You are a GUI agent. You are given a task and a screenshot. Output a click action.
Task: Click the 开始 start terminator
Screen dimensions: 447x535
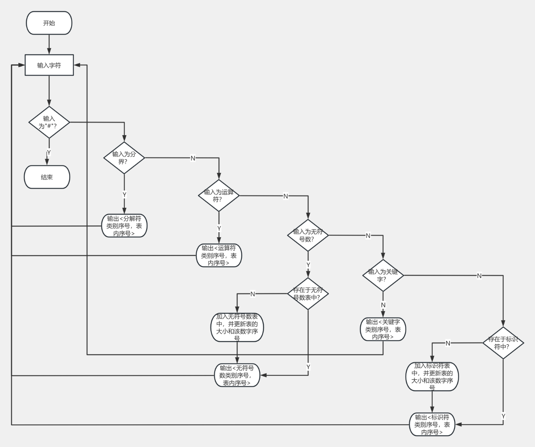point(49,23)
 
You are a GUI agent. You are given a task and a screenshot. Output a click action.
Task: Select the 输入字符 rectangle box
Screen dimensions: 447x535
point(49,65)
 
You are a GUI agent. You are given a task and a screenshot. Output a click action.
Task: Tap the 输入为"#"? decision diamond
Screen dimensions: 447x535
point(49,122)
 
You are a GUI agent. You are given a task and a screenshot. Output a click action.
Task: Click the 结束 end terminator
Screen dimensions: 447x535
point(47,177)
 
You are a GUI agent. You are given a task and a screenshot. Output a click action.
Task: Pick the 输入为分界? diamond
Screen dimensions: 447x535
point(124,158)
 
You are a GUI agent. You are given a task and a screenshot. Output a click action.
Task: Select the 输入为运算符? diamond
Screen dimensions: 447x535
point(219,196)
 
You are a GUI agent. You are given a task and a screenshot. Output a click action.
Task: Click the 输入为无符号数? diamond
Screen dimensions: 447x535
point(308,235)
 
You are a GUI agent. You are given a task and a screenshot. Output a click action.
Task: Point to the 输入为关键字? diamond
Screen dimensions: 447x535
point(383,275)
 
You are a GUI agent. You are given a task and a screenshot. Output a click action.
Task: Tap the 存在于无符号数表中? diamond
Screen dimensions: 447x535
point(308,294)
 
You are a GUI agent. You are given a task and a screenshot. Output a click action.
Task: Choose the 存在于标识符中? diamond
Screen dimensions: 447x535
point(503,343)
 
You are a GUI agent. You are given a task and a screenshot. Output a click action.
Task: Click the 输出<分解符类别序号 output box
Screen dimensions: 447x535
point(124,226)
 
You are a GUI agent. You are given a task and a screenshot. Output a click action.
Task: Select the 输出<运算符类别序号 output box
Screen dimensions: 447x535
point(219,255)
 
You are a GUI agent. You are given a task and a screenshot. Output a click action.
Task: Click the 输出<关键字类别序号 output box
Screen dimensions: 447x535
point(383,329)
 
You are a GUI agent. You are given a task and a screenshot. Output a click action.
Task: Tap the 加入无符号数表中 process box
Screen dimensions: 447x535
point(237,327)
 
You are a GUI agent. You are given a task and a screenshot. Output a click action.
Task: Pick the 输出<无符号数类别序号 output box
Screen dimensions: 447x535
point(237,375)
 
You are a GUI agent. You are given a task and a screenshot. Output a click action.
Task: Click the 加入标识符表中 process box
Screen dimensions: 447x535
point(432,377)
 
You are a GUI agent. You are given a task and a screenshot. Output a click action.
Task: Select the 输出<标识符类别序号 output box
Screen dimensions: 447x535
point(432,424)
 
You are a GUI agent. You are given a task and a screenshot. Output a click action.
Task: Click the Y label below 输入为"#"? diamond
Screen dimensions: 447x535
point(49,152)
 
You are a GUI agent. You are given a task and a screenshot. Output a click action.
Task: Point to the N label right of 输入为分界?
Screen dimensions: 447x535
point(193,158)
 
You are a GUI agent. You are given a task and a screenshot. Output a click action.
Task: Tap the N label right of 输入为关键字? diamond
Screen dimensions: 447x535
point(479,276)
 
